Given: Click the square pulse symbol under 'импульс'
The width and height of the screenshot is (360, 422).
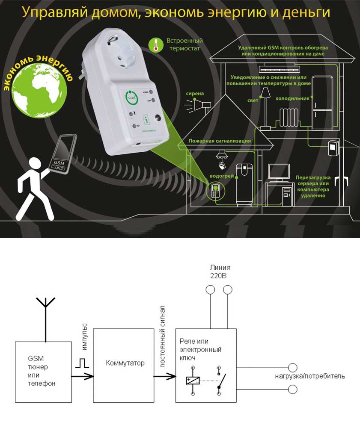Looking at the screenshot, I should point(83,363).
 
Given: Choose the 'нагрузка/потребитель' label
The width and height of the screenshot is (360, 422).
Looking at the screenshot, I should point(309,376).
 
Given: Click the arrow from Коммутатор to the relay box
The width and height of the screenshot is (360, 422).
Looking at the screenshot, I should point(165,377).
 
